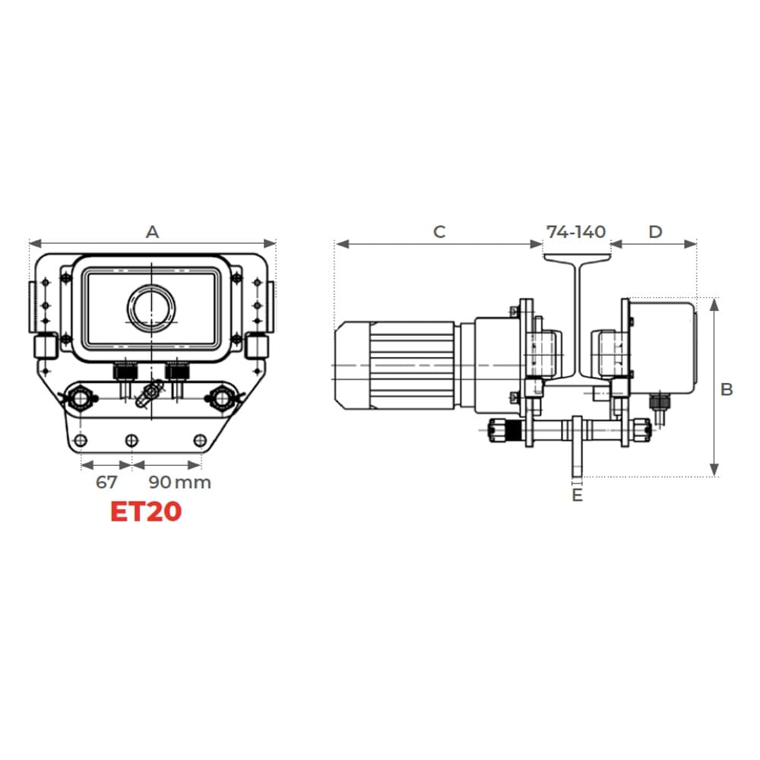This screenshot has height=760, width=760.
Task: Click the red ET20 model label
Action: pos(146,511)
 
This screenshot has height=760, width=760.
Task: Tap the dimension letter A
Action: pos(152,232)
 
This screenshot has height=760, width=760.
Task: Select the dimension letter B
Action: pos(726,389)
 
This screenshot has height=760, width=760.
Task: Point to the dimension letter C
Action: pos(439,232)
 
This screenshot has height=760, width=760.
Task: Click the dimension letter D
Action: pos(655,232)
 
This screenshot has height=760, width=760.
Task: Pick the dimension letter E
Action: pos(577,496)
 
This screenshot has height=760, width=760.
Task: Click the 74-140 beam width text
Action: pos(576,232)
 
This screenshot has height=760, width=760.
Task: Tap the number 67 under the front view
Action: pos(106,483)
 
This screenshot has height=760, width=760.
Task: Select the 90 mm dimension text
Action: pos(179,483)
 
